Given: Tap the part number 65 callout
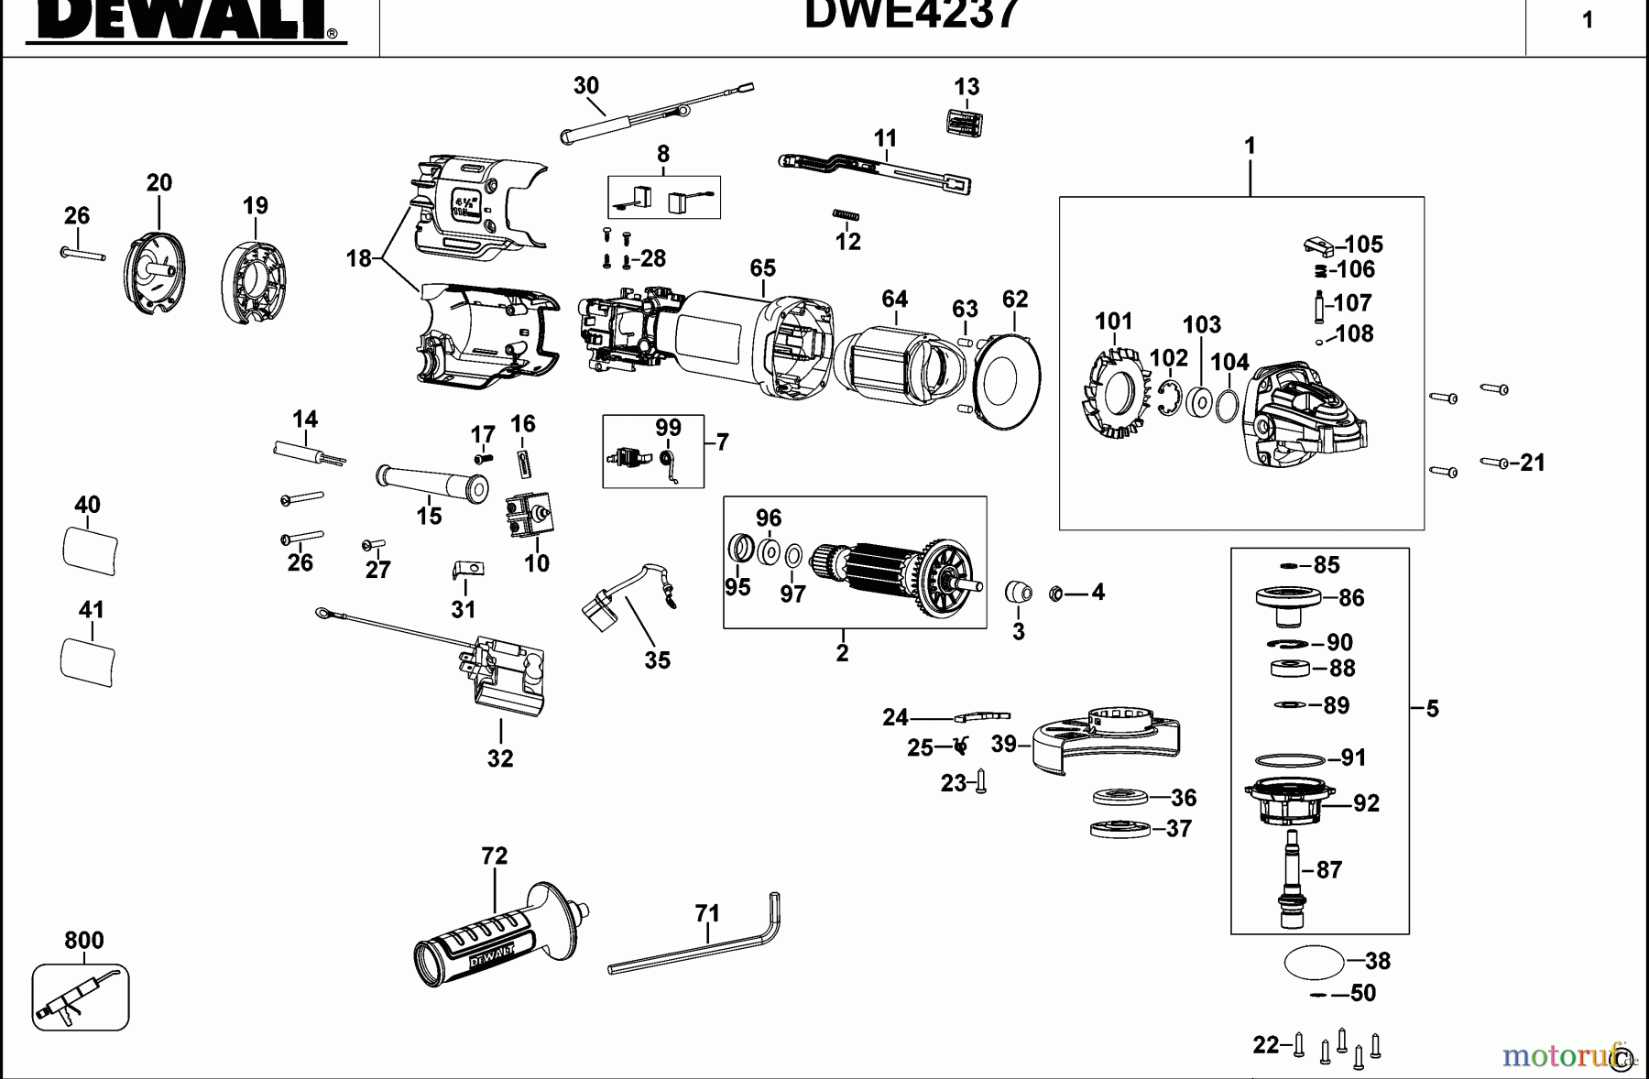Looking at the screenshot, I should coord(762,268).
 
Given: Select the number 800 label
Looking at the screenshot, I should coord(83,941).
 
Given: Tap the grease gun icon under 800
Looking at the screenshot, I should coord(80,997).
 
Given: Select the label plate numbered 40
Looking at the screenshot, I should coord(90,550).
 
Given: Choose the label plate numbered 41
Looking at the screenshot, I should coord(88,660).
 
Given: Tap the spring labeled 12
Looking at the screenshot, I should coord(845,215).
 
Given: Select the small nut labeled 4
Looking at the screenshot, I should coord(1054,594).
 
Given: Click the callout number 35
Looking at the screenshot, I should coord(657,660).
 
